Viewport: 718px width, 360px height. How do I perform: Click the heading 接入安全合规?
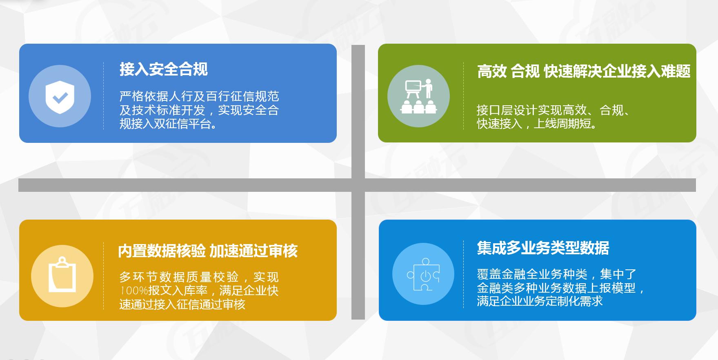click(x=164, y=69)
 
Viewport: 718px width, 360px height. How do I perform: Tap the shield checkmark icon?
click(x=60, y=97)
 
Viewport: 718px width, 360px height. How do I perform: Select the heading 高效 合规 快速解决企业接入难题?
click(x=584, y=71)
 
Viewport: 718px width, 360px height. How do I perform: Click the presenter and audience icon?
click(x=418, y=97)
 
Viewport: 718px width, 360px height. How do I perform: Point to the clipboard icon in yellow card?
click(x=62, y=276)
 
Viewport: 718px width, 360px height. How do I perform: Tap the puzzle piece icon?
click(x=423, y=275)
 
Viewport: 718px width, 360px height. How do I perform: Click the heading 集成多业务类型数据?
click(x=543, y=248)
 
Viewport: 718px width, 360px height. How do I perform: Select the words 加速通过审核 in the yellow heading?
click(x=253, y=251)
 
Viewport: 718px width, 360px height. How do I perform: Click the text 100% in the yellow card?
click(x=133, y=291)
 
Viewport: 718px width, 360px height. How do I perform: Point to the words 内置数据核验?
click(x=162, y=251)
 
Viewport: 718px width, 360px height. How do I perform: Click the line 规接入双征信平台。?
click(x=168, y=124)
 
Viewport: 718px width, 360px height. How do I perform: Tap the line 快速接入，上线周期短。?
click(x=537, y=124)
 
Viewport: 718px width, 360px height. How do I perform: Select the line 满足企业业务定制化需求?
click(x=540, y=301)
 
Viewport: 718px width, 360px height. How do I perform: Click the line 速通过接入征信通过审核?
click(x=182, y=304)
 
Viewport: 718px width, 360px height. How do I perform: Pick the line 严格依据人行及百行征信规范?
click(x=199, y=96)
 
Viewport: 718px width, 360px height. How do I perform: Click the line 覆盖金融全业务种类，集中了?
click(x=556, y=274)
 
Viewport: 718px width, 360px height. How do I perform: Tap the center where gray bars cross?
click(x=358, y=185)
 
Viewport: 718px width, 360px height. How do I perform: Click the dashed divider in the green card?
click(x=463, y=96)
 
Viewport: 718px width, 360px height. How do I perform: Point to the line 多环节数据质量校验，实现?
click(x=199, y=277)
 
